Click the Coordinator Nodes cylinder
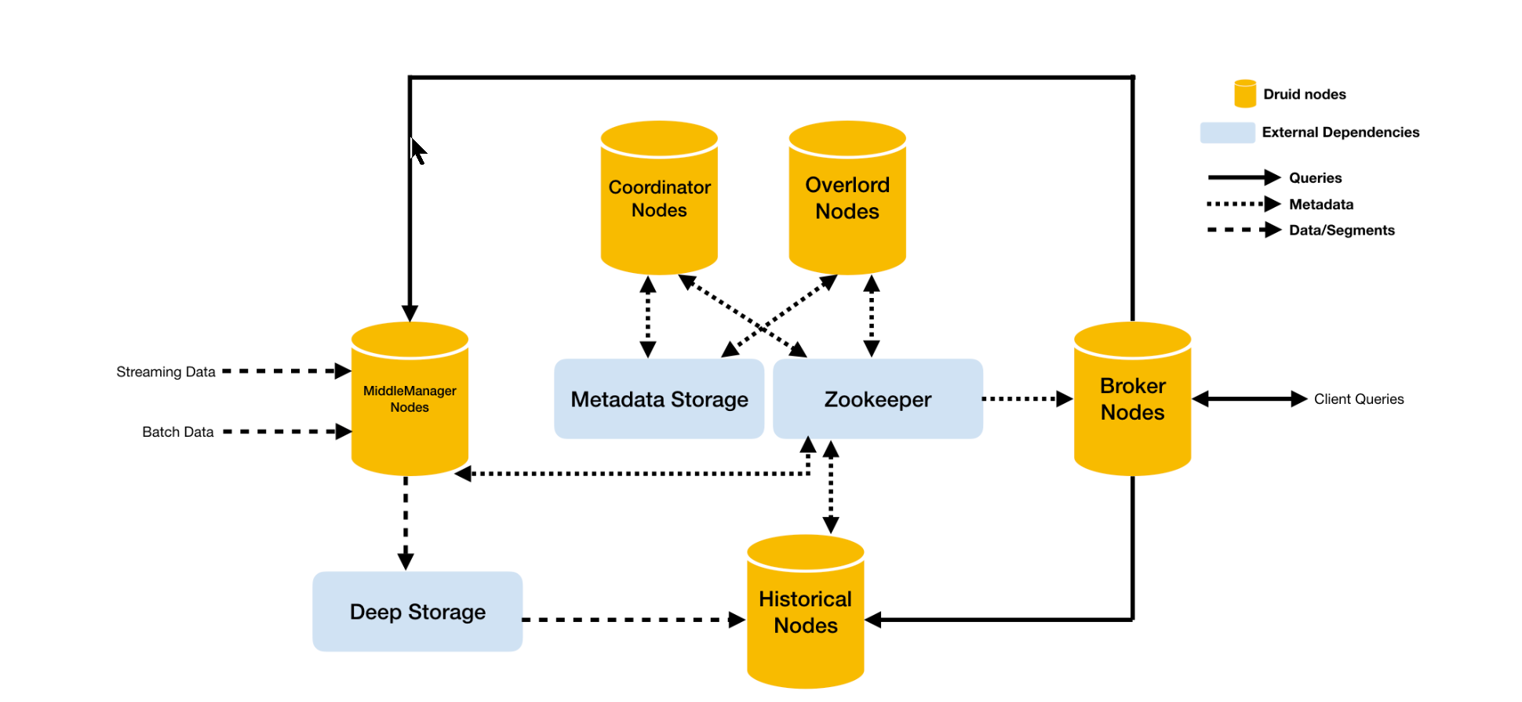point(659,199)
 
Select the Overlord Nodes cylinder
point(847,199)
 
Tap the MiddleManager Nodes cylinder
point(410,399)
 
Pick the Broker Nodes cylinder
point(1132,399)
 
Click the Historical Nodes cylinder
point(806,613)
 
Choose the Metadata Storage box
point(659,399)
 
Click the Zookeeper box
point(878,399)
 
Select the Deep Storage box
point(417,612)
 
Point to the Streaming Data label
point(166,372)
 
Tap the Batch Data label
point(178,432)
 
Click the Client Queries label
point(1359,399)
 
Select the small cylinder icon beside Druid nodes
point(1245,93)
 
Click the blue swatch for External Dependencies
point(1227,133)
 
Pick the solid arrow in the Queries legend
point(1243,178)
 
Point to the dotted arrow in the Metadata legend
point(1243,204)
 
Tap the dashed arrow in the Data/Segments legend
point(1243,230)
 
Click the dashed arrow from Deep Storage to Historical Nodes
point(632,620)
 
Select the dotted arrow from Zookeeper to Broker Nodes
point(1027,399)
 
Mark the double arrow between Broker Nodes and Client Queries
point(1250,399)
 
